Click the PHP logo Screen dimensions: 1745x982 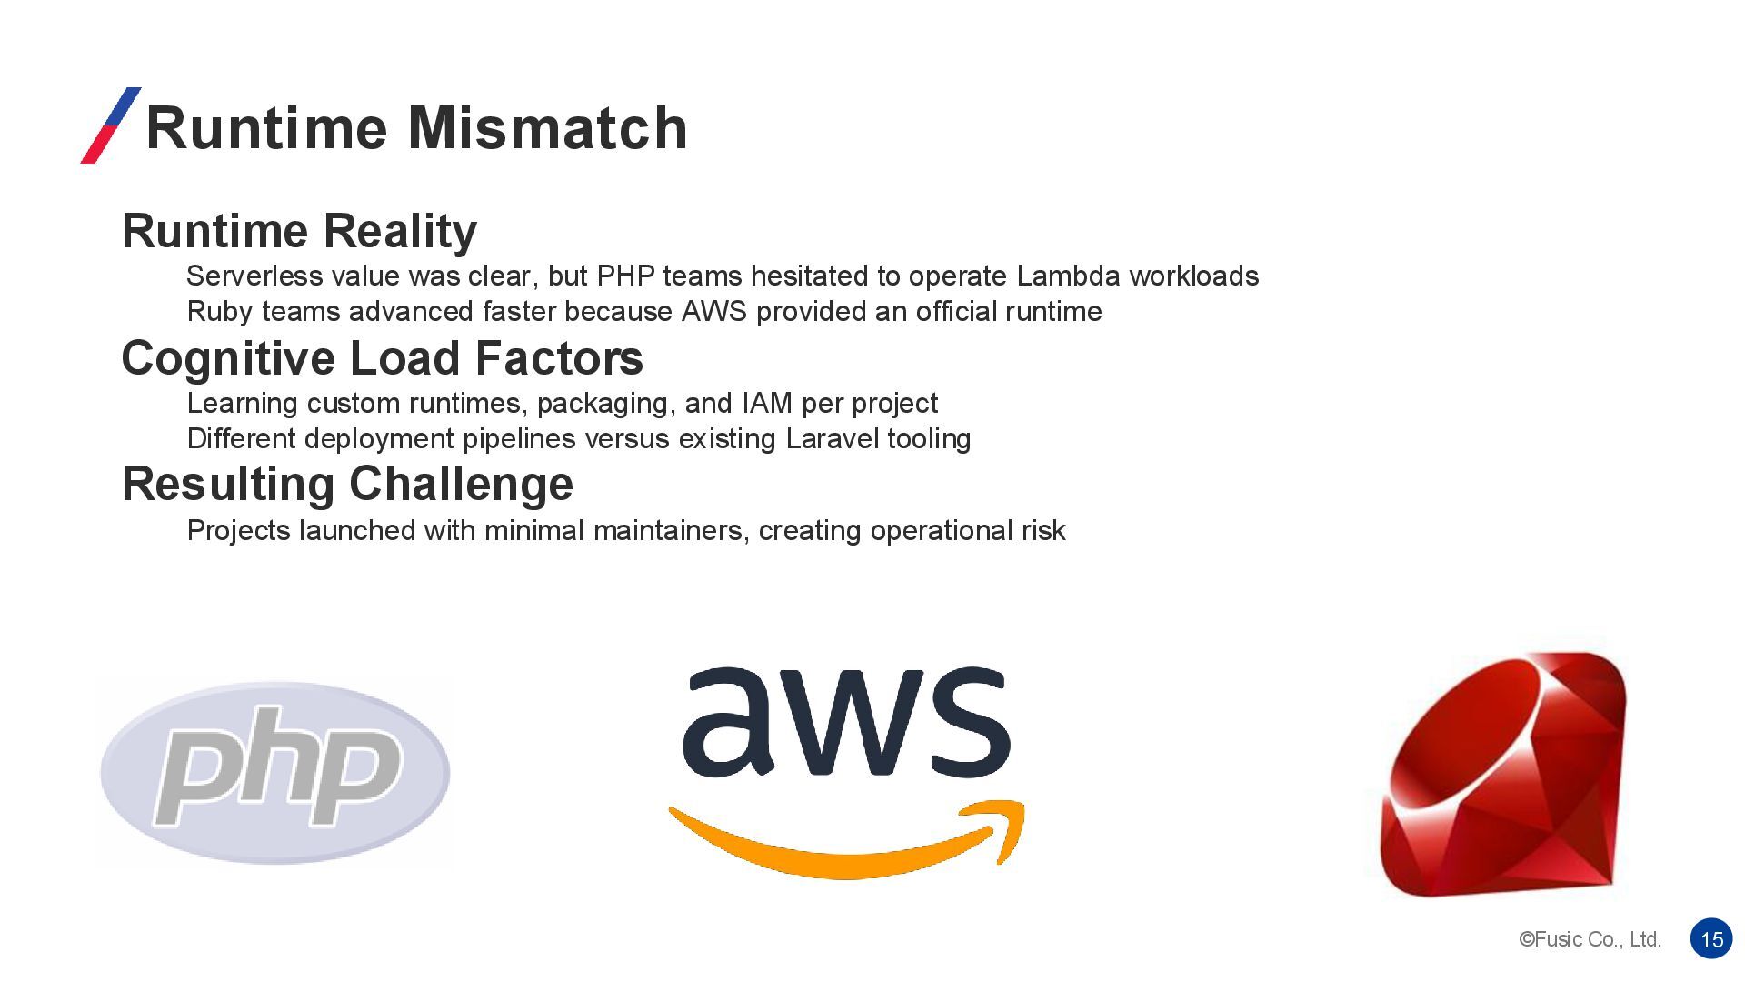274,772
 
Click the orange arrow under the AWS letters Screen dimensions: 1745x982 845,841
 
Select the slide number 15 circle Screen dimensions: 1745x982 1711,939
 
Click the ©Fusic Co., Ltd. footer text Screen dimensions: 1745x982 1590,939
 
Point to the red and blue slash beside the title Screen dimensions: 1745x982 111,125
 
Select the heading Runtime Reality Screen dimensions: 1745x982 299,231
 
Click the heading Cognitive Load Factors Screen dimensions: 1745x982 382,358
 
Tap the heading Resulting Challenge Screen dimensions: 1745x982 347,484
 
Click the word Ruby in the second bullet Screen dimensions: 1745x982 219,312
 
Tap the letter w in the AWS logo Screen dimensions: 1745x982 847,723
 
